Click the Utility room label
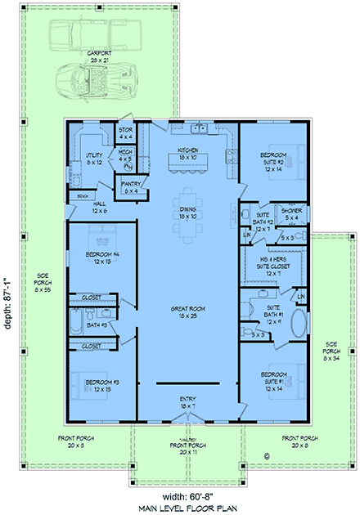(x=94, y=159)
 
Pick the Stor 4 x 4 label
(x=125, y=132)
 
